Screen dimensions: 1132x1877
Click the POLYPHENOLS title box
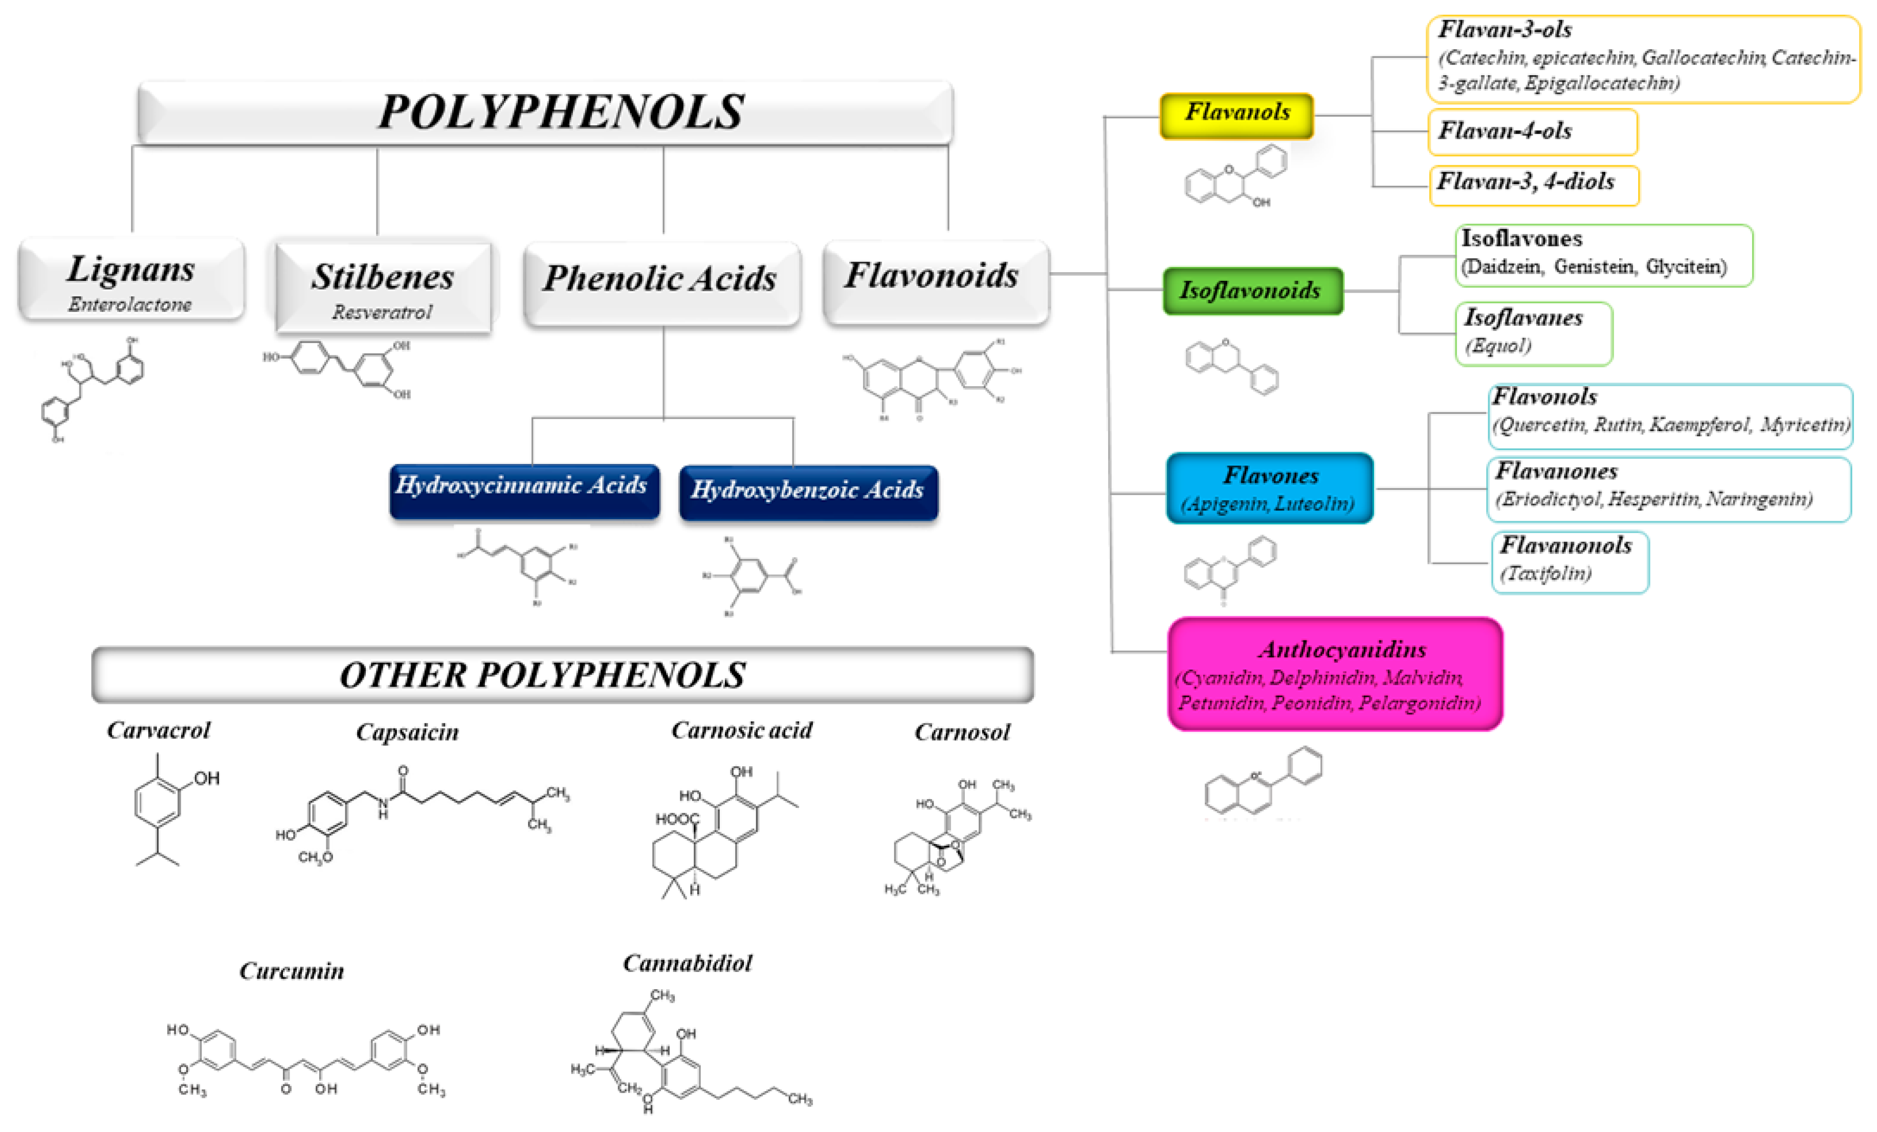[545, 112]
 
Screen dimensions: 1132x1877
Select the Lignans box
[131, 279]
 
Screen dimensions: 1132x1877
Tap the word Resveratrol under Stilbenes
[382, 312]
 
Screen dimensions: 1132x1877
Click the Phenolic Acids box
[661, 282]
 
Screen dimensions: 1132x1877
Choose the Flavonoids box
[936, 280]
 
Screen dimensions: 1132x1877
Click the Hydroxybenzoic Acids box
[808, 492]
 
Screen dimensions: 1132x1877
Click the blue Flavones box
[1269, 487]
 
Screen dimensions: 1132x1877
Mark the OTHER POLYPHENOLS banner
[562, 675]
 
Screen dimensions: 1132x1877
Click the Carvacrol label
[159, 730]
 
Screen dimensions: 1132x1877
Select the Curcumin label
[292, 970]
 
